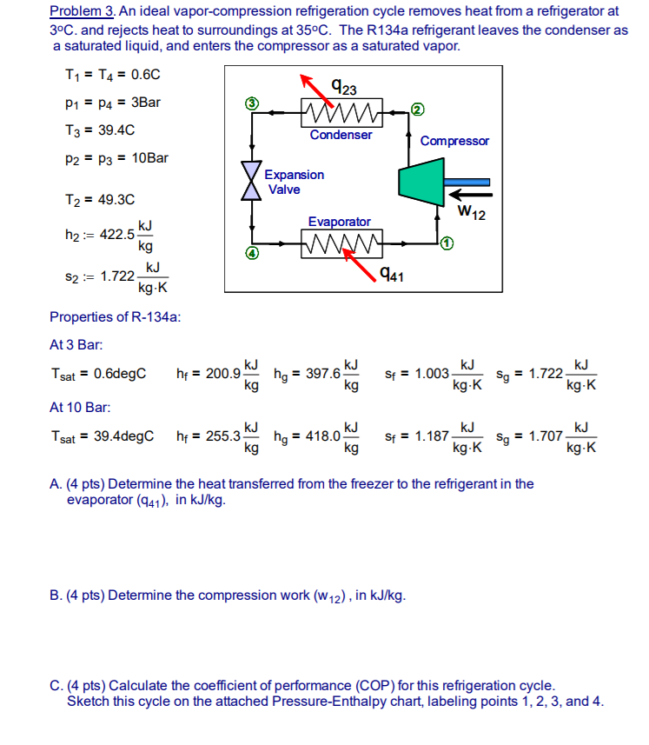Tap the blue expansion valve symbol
pyautogui.click(x=252, y=181)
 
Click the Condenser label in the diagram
pyautogui.click(x=341, y=135)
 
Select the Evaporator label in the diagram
pyautogui.click(x=339, y=223)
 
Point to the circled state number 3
pyautogui.click(x=252, y=103)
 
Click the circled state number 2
pyautogui.click(x=418, y=109)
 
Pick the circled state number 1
pyautogui.click(x=446, y=243)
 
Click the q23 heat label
pyautogui.click(x=343, y=87)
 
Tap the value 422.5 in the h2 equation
pyautogui.click(x=119, y=234)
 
